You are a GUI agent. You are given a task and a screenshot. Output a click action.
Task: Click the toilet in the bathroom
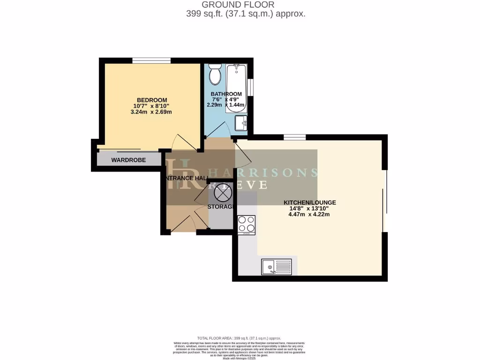(x=216, y=75)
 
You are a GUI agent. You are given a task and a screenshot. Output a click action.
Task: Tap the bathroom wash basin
(x=241, y=124)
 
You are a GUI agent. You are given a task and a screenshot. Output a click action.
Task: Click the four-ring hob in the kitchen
(x=247, y=225)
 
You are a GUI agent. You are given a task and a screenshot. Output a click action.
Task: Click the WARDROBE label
(x=128, y=160)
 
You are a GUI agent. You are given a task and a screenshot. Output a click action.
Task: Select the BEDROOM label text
(x=152, y=100)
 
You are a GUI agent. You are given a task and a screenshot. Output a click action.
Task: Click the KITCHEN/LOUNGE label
(x=309, y=203)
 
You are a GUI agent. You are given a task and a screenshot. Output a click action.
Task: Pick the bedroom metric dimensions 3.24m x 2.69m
(x=152, y=112)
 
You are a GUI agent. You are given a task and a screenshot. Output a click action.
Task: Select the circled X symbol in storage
(x=221, y=192)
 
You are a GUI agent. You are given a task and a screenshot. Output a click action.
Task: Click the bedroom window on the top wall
(x=151, y=60)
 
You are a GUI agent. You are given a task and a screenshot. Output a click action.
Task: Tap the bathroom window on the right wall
(x=251, y=87)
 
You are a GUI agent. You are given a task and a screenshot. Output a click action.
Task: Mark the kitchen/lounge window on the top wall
(x=294, y=137)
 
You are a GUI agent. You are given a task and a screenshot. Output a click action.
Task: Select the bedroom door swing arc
(x=184, y=142)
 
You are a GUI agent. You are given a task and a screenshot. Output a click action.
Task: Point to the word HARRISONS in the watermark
(x=263, y=172)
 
